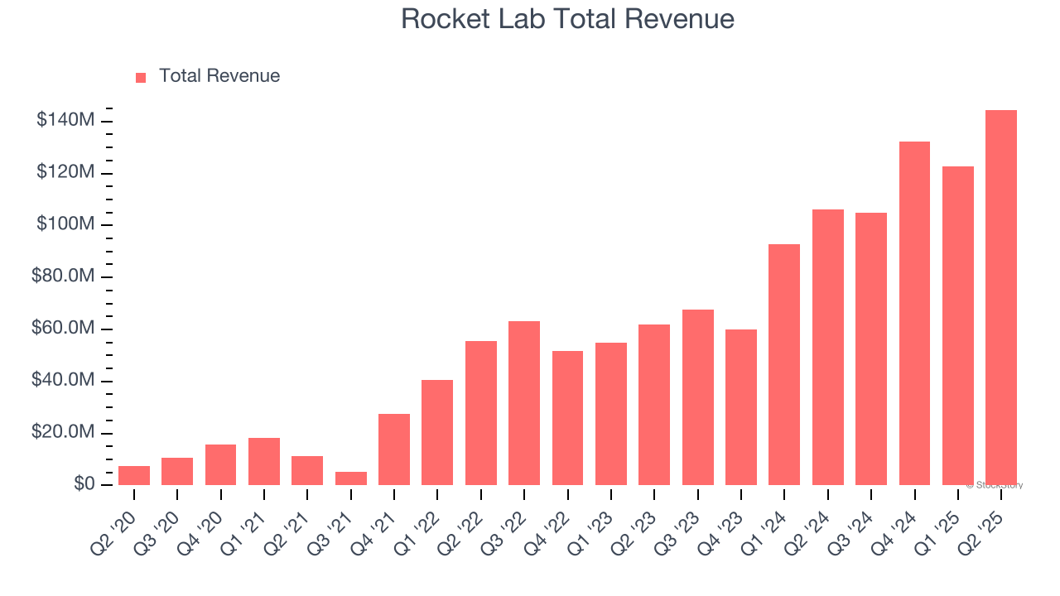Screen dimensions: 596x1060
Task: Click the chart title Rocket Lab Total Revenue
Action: (x=567, y=19)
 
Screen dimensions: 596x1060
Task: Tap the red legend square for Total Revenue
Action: (x=141, y=77)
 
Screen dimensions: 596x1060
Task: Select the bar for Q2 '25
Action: (x=1001, y=298)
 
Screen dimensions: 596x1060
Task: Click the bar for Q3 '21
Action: (x=351, y=478)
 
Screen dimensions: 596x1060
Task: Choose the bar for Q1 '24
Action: (x=784, y=364)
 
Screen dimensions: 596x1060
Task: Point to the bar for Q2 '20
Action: (x=134, y=475)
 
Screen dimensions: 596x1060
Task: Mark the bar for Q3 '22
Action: (x=524, y=403)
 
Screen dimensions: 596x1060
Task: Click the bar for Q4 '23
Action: (x=741, y=407)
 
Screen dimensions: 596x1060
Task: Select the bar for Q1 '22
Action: (x=437, y=432)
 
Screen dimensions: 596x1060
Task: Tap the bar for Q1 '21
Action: (x=264, y=461)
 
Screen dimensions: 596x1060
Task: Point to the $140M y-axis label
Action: (x=65, y=121)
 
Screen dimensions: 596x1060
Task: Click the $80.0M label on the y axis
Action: (x=63, y=276)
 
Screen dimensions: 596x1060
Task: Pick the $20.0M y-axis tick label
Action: (x=63, y=432)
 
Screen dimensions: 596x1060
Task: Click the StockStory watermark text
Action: (x=995, y=485)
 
